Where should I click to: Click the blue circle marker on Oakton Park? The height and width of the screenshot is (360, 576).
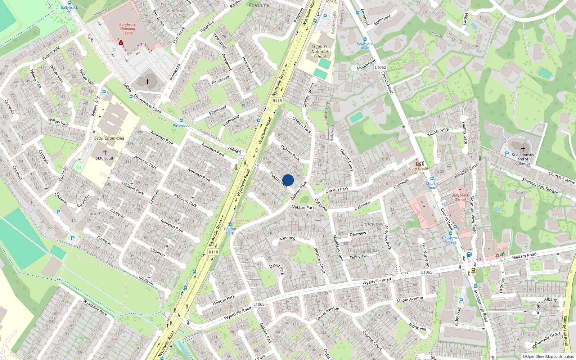click(x=288, y=180)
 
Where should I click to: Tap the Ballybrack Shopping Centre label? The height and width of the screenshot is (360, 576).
click(x=127, y=29)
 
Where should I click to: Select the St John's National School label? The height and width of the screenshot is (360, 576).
click(x=320, y=51)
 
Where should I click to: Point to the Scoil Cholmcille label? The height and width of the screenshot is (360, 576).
click(x=109, y=138)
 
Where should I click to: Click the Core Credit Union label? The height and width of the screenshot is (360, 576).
click(x=419, y=170)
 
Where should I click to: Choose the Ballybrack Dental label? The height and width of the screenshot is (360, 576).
click(x=460, y=197)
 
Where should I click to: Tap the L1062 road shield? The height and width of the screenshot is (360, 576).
click(x=381, y=67)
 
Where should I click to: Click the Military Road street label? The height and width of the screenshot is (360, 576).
click(x=524, y=256)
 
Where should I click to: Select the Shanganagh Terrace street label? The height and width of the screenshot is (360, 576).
click(x=540, y=186)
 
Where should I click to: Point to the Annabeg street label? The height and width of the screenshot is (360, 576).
click(x=287, y=238)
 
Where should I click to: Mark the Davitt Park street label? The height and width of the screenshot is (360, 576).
click(x=277, y=268)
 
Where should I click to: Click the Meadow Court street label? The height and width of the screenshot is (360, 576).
click(x=320, y=260)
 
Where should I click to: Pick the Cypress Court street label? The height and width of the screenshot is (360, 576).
click(x=372, y=341)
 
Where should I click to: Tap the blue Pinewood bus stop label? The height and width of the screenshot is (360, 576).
click(x=181, y=125)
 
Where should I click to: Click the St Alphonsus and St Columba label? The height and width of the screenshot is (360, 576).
click(x=523, y=159)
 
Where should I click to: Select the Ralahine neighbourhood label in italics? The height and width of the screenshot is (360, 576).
click(x=259, y=5)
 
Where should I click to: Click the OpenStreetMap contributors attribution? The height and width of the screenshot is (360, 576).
click(x=548, y=356)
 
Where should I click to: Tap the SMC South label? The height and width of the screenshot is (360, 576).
click(x=105, y=158)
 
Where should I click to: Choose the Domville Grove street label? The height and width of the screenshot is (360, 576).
click(x=548, y=338)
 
